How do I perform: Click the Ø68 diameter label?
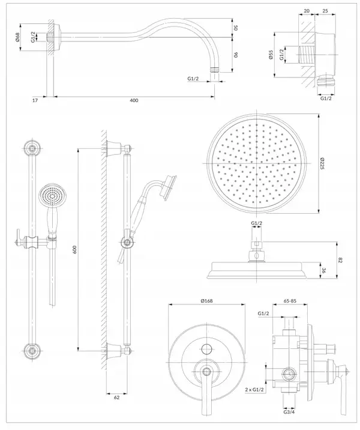pos(17,37)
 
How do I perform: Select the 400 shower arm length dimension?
pos(134,100)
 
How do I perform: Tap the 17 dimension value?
pos(35,100)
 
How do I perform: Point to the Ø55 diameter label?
pos(271,55)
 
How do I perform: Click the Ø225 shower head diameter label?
pos(322,163)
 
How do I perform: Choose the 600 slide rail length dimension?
pos(75,249)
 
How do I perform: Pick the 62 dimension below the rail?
pos(117,398)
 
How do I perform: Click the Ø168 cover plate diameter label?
pos(206,301)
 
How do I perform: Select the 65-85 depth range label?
pos(290,301)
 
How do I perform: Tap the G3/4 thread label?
pos(289,412)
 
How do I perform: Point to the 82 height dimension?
pos(340,260)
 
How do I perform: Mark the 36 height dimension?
pos(323,271)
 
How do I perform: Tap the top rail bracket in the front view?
pos(32,148)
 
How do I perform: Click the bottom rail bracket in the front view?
pos(32,351)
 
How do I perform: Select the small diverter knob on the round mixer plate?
pos(206,349)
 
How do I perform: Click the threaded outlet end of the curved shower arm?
pos(215,70)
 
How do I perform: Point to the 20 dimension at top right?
pos(307,11)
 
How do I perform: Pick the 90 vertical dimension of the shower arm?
pos(235,54)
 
